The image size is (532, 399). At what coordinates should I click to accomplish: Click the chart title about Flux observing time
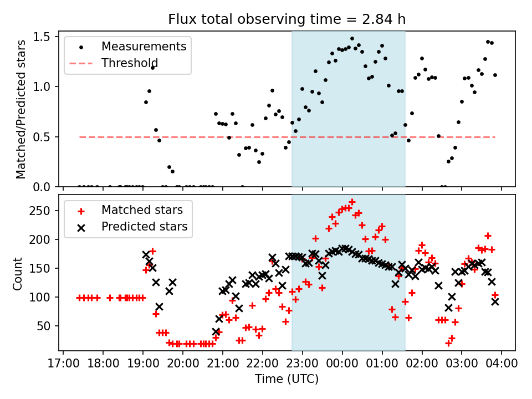click(287, 19)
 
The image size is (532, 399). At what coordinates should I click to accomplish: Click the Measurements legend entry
click(144, 47)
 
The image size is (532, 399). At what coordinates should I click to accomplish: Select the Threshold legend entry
click(130, 63)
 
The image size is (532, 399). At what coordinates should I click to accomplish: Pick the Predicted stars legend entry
click(144, 227)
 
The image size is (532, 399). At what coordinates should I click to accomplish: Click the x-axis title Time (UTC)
click(287, 379)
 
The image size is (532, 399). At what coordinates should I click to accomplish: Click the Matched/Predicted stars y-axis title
click(21, 109)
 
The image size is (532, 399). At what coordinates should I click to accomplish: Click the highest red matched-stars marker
click(352, 202)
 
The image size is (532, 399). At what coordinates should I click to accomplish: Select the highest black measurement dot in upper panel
click(352, 39)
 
